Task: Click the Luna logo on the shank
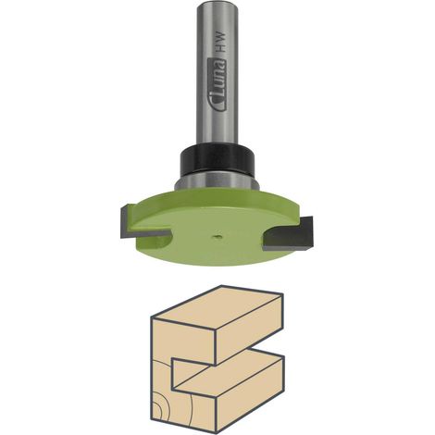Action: [x=220, y=84]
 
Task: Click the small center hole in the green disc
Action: [x=217, y=236]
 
